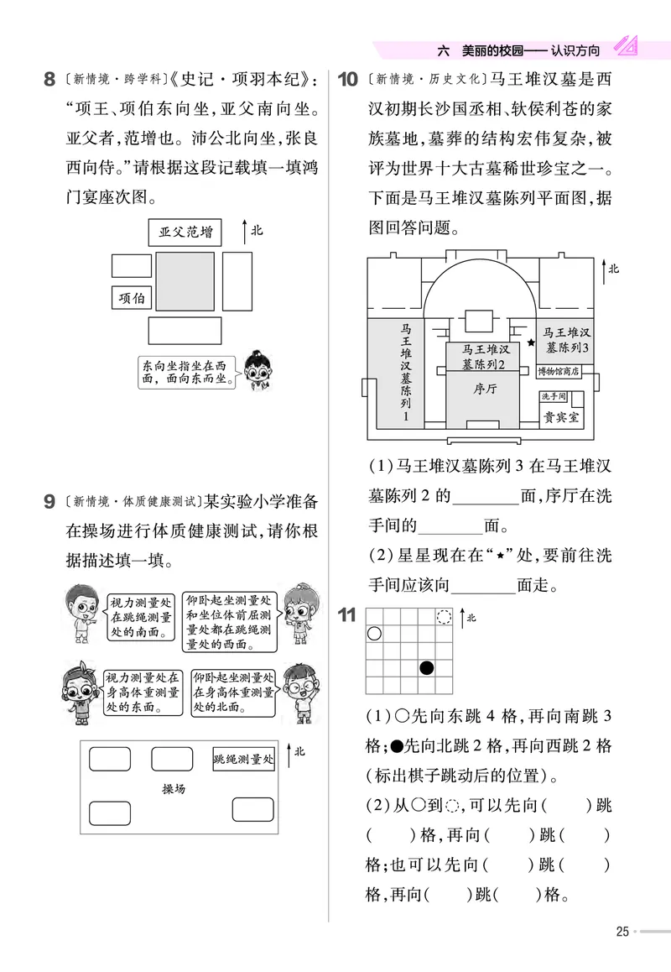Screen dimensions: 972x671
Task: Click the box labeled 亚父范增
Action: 185,232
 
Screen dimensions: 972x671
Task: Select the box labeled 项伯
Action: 132,298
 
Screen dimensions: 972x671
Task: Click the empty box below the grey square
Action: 185,331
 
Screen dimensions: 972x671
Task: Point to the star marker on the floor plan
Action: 530,342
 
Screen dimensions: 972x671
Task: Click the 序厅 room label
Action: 486,389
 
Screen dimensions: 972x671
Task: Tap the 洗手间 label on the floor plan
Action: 554,396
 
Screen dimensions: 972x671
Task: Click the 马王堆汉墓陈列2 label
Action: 486,356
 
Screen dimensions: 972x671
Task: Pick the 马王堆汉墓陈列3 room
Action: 568,340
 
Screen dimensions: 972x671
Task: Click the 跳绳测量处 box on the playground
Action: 243,760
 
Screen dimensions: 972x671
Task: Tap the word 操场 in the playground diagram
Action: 174,790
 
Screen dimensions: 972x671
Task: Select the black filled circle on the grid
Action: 427,668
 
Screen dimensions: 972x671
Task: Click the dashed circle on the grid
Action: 445,617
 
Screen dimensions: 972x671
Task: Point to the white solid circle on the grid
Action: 375,634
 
